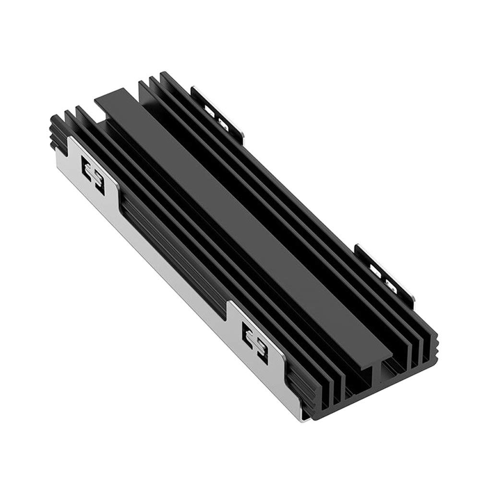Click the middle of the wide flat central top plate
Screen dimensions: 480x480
pyautogui.click(x=240, y=226)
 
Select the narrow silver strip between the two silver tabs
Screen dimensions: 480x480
pyautogui.click(x=178, y=278)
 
